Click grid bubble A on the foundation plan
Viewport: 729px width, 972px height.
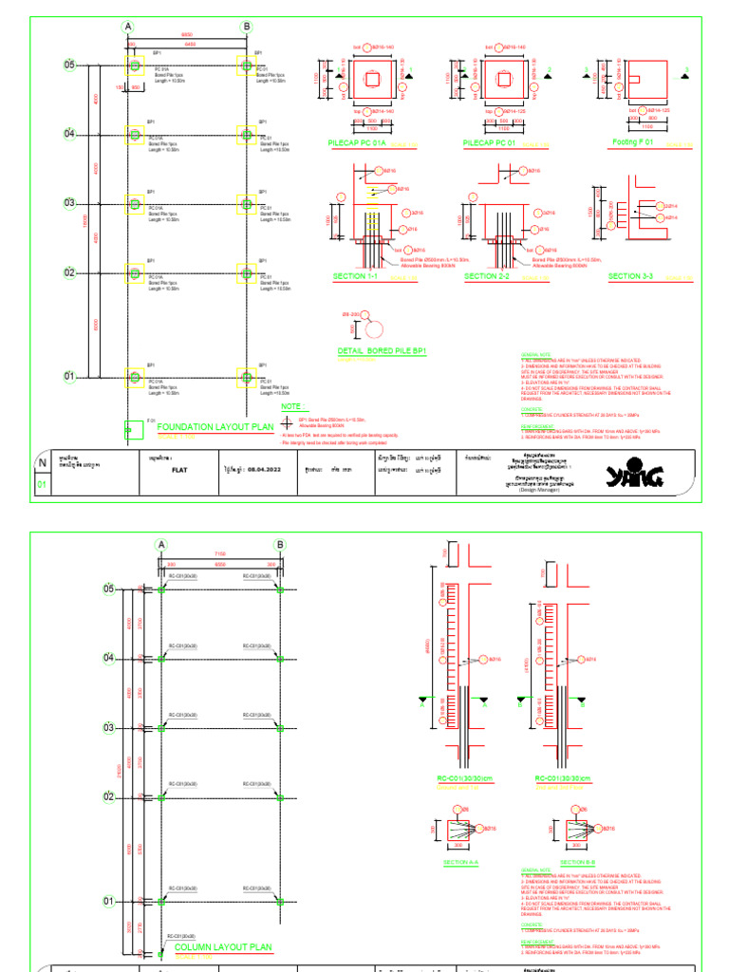pos(128,27)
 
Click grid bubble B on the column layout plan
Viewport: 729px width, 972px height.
pos(280,545)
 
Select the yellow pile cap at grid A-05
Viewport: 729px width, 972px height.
pos(135,65)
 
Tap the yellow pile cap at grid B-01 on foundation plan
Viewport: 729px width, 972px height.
pos(245,377)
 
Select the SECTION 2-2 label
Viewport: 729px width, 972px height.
pos(488,275)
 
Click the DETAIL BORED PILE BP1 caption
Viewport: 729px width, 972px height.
pos(383,350)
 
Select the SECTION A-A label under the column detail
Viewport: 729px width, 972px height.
pos(462,862)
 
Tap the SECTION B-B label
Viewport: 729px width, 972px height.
pos(577,862)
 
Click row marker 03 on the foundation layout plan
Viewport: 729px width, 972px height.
pos(69,203)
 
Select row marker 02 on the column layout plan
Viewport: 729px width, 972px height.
pos(108,797)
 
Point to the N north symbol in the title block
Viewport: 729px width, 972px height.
pos(42,463)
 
